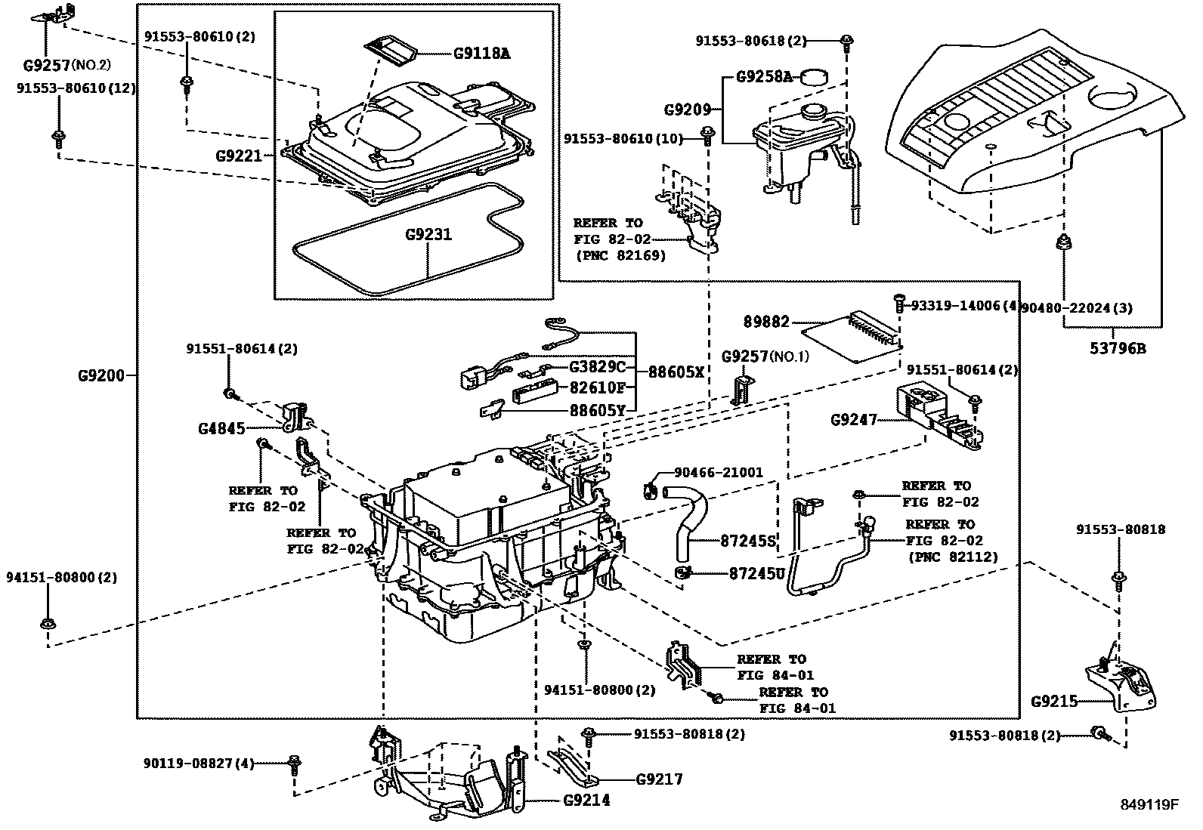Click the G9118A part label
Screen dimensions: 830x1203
[481, 54]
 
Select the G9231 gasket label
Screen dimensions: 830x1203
[428, 234]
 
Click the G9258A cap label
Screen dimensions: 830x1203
[764, 77]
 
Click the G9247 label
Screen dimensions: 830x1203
[853, 420]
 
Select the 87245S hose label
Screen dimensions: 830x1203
[747, 541]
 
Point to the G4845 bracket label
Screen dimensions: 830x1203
[221, 429]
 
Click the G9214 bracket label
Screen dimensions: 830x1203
[586, 800]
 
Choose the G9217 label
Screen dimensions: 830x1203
[660, 779]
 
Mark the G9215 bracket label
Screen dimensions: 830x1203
[1054, 702]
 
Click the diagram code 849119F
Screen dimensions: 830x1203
[1149, 804]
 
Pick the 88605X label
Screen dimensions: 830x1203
[676, 372]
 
